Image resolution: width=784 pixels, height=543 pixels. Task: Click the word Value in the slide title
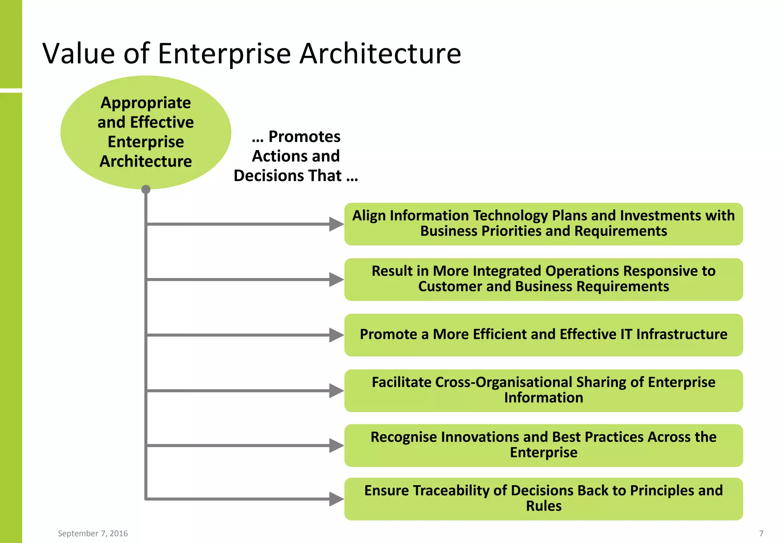pyautogui.click(x=78, y=54)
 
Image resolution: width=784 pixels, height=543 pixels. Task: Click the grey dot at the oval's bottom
pyautogui.click(x=146, y=190)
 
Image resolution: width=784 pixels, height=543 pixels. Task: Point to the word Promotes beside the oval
pyautogui.click(x=304, y=137)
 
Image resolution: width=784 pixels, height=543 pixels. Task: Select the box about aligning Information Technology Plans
pyautogui.click(x=543, y=224)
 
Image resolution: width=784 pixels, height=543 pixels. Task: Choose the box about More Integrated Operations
pyautogui.click(x=543, y=279)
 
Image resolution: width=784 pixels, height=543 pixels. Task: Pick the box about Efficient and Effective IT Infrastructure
pyautogui.click(x=543, y=335)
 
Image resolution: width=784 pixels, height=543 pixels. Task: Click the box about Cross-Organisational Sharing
pyautogui.click(x=543, y=390)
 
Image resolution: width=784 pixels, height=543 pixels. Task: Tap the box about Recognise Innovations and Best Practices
pyautogui.click(x=543, y=445)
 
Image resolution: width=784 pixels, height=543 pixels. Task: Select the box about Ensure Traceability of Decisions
pyautogui.click(x=543, y=499)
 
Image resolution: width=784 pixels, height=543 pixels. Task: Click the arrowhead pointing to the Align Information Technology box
pyautogui.click(x=336, y=224)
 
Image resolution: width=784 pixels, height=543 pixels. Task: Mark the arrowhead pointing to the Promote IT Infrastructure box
pyautogui.click(x=336, y=335)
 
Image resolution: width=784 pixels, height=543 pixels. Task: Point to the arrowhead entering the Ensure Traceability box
pyautogui.click(x=336, y=499)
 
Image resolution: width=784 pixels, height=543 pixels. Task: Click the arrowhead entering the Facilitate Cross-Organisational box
pyautogui.click(x=336, y=391)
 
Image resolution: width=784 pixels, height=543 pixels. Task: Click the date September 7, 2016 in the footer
pyautogui.click(x=93, y=533)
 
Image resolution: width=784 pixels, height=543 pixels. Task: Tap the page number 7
pyautogui.click(x=761, y=533)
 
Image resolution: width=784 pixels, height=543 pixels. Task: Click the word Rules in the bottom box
pyautogui.click(x=544, y=506)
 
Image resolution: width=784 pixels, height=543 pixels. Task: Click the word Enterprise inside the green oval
pyautogui.click(x=146, y=142)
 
